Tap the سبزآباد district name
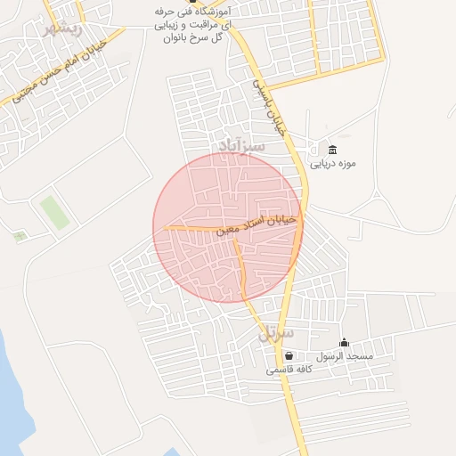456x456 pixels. pyautogui.click(x=241, y=144)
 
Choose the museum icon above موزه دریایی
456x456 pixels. pyautogui.click(x=332, y=149)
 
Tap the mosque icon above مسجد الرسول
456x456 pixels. pyautogui.click(x=345, y=343)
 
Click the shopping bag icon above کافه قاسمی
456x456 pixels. pyautogui.click(x=289, y=356)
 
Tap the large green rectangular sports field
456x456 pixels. pyautogui.click(x=55, y=213)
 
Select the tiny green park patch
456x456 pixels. pyautogui.click(x=20, y=236)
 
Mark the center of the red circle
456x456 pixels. pyautogui.click(x=228, y=227)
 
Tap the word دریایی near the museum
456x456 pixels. pyautogui.click(x=322, y=164)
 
